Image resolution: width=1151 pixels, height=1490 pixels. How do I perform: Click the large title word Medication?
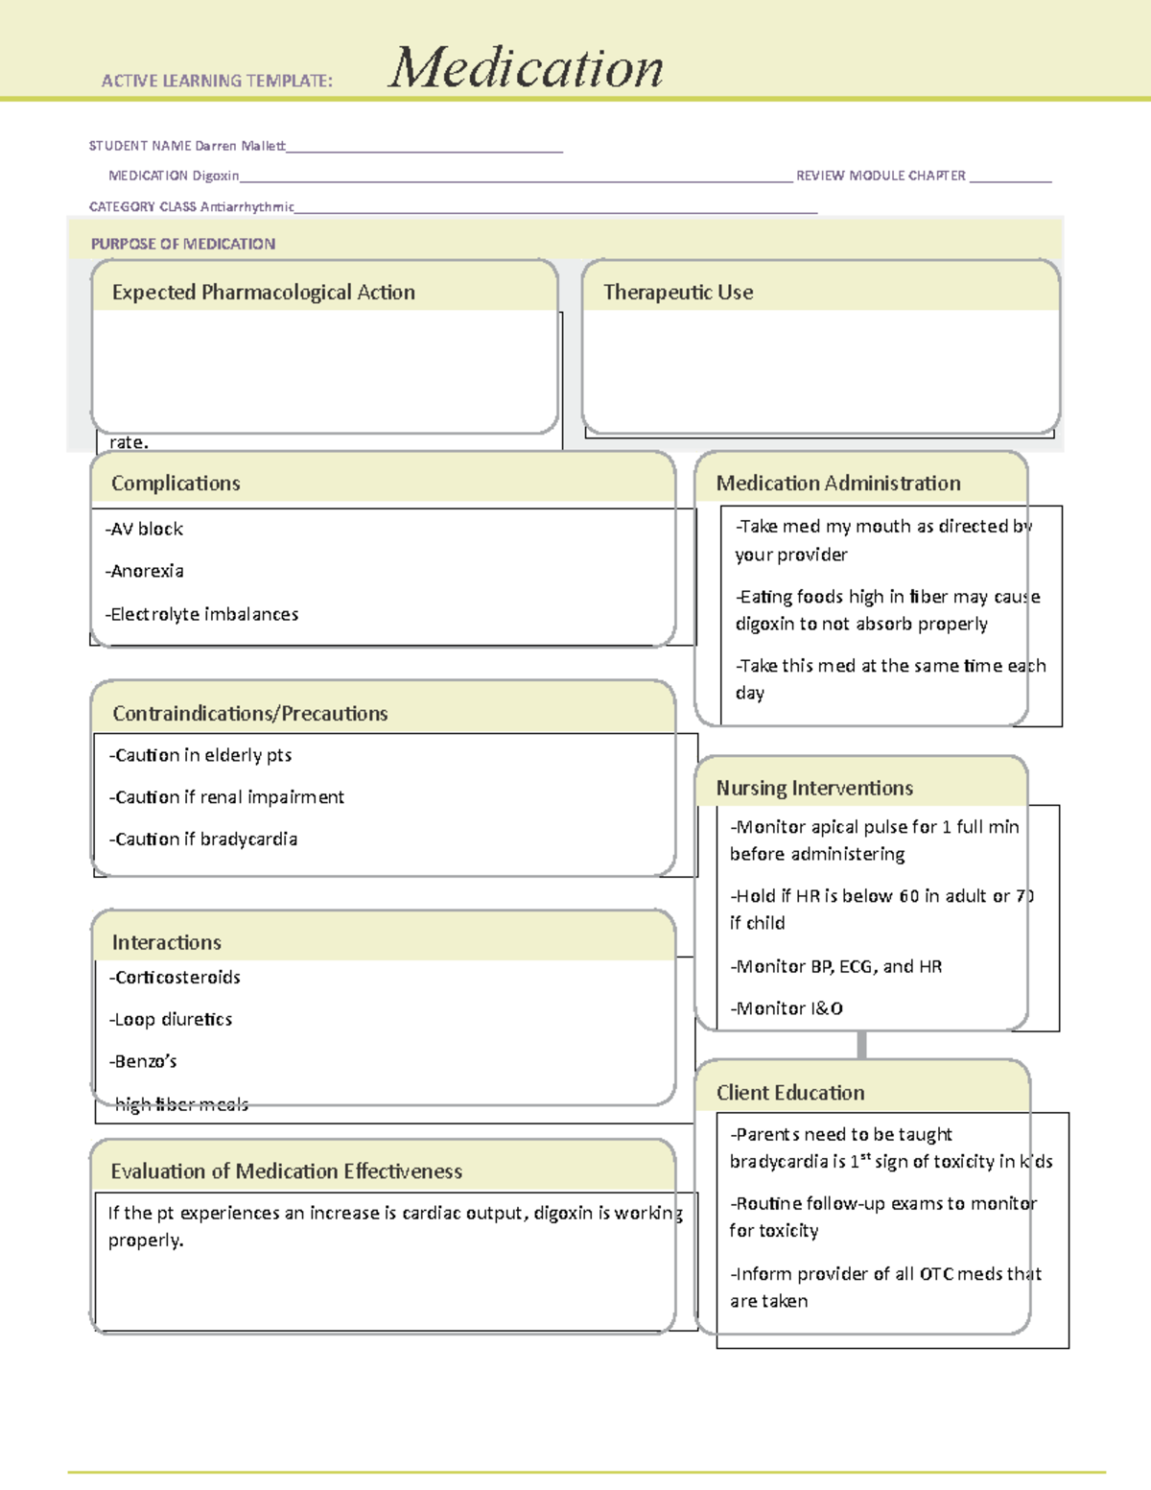tap(526, 69)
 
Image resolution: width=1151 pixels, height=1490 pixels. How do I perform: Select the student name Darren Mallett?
tap(240, 146)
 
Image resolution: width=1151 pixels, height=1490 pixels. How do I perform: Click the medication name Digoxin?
tap(215, 176)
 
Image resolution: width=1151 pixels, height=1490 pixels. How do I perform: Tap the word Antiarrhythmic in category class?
tap(247, 206)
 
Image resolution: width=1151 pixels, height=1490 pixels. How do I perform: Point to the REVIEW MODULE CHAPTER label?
tap(881, 176)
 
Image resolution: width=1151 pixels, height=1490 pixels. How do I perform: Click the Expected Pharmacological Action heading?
tap(263, 293)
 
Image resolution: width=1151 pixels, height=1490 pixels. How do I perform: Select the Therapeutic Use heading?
tap(678, 293)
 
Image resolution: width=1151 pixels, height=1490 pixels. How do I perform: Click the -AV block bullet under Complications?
tap(144, 529)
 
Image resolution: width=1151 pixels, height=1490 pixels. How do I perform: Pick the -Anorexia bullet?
tap(144, 571)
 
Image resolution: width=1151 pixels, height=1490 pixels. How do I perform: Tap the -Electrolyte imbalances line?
tap(201, 614)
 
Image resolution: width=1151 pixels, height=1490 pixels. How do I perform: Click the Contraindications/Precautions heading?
tap(249, 714)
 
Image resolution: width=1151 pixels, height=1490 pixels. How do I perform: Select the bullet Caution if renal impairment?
tap(226, 797)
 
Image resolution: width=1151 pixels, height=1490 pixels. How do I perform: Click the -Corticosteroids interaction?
tap(175, 978)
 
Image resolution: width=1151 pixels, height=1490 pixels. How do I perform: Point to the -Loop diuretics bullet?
tap(171, 1020)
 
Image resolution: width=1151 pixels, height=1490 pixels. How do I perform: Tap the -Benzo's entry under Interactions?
tap(143, 1061)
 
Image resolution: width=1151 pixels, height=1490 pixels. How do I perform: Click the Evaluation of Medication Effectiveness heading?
tap(286, 1171)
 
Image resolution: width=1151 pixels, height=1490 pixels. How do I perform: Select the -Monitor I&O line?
tap(787, 1008)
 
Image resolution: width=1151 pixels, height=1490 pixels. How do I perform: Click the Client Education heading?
tap(790, 1093)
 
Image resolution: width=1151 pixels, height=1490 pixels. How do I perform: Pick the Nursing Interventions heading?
tap(814, 789)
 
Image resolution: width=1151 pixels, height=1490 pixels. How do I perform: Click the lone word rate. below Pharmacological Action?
tap(129, 442)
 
